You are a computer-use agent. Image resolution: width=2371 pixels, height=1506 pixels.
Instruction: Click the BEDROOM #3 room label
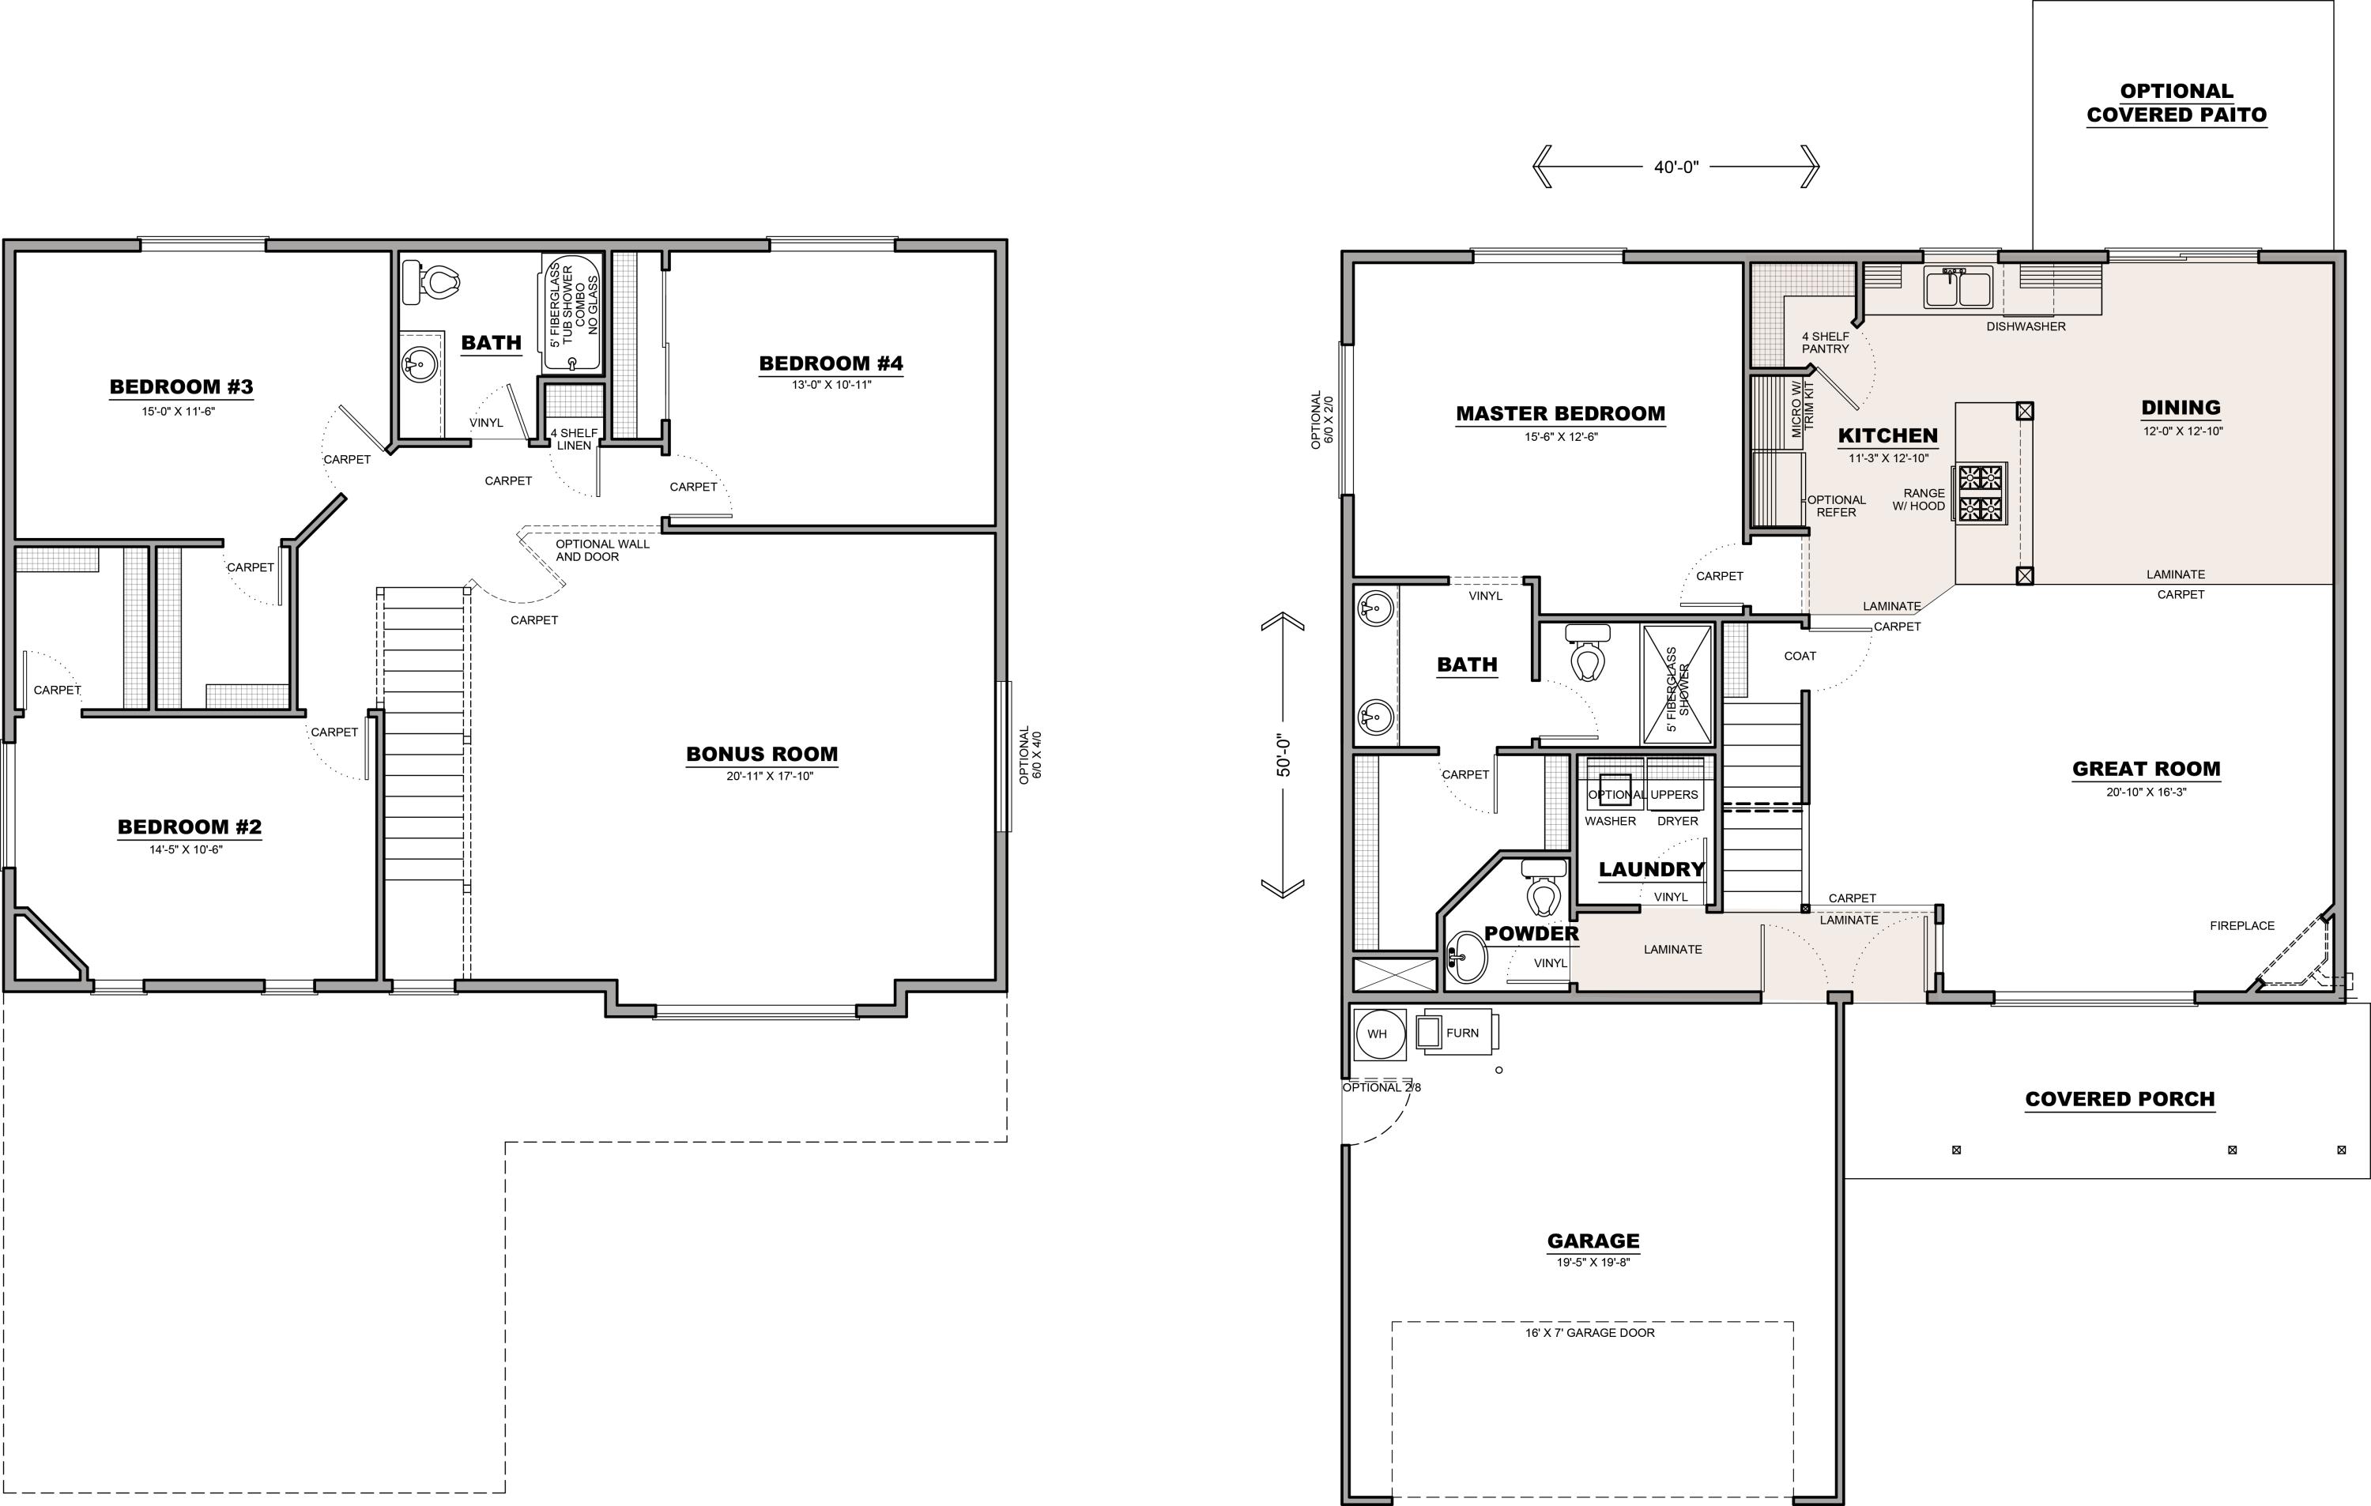pyautogui.click(x=181, y=387)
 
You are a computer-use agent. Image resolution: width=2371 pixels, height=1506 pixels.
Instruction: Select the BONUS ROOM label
pyautogui.click(x=761, y=754)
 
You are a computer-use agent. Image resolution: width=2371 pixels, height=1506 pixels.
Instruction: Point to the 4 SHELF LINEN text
pyautogui.click(x=574, y=439)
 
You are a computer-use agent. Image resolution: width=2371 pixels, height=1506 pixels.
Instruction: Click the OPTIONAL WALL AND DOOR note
pyautogui.click(x=601, y=550)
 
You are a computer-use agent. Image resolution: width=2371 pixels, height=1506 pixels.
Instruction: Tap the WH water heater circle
pyautogui.click(x=1378, y=1033)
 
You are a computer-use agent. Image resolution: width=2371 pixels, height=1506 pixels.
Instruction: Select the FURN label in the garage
pyautogui.click(x=1462, y=1033)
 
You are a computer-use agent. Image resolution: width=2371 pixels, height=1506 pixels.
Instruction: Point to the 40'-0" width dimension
pyautogui.click(x=1676, y=168)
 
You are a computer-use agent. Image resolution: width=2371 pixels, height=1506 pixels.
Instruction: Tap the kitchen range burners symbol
pyautogui.click(x=1981, y=494)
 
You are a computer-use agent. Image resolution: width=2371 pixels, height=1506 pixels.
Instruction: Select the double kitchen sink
pyautogui.click(x=1959, y=288)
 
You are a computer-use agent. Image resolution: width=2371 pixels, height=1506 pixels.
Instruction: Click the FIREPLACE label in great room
pyautogui.click(x=2242, y=925)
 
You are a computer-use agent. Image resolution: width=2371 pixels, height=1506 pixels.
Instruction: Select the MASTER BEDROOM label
pyautogui.click(x=1561, y=413)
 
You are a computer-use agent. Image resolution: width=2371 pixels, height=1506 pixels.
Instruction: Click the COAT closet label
pyautogui.click(x=1800, y=656)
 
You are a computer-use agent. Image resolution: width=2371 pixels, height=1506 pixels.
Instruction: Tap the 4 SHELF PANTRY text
pyautogui.click(x=1826, y=343)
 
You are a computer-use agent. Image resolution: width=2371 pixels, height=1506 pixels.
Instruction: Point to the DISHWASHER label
pyautogui.click(x=2026, y=326)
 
